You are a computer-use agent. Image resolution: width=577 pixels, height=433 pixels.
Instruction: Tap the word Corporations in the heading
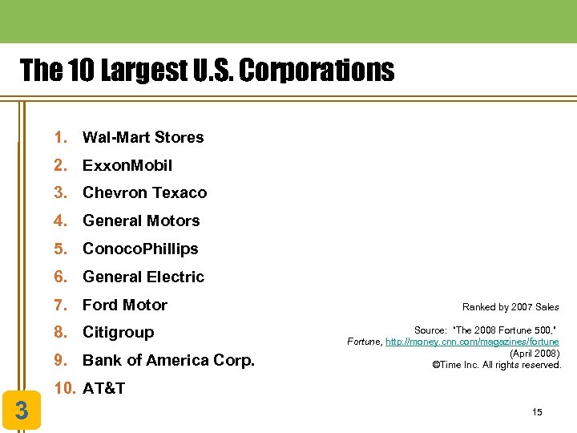317,71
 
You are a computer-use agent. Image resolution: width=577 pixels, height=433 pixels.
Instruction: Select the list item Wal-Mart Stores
143,137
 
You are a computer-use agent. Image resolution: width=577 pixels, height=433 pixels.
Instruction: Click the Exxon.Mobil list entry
127,165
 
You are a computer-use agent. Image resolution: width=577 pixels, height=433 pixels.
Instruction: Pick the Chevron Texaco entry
144,192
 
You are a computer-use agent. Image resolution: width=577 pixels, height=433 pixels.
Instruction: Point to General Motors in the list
141,221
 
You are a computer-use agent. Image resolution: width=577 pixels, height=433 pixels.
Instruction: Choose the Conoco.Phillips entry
140,249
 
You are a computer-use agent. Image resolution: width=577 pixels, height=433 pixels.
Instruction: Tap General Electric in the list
143,277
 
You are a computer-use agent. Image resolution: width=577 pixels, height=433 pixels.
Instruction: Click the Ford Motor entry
125,305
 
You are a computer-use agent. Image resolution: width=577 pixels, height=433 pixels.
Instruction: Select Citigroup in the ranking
118,332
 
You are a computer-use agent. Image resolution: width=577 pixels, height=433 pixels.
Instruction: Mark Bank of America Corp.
168,360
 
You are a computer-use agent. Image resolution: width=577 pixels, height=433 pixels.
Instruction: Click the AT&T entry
104,388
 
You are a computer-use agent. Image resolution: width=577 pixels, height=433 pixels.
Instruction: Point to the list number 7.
59,305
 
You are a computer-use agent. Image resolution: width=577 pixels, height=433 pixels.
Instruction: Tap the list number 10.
63,388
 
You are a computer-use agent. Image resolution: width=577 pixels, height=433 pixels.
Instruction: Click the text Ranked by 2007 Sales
510,306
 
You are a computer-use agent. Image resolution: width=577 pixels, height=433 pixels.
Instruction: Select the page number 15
537,412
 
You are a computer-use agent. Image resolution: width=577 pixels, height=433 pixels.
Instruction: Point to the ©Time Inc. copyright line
496,365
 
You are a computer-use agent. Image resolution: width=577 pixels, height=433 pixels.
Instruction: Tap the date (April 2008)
535,354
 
